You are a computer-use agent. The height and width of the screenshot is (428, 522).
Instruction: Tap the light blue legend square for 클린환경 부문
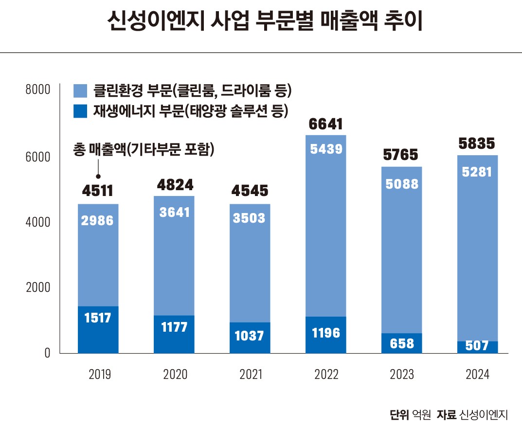80,90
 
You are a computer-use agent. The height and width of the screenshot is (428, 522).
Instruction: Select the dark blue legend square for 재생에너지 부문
80,111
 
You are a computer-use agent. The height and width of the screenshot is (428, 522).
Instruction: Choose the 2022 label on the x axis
326,374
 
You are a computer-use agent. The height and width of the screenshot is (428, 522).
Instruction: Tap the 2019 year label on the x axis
98,374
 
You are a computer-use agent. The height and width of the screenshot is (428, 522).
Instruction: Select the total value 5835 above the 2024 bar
477,144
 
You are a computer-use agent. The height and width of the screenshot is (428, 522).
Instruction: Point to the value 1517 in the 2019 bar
98,318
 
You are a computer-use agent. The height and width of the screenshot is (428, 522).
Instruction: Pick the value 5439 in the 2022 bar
326,149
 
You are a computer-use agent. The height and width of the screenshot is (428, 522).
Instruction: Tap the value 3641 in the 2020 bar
174,212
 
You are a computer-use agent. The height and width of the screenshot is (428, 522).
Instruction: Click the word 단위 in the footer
399,415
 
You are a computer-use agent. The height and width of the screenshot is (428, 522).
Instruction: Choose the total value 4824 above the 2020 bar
174,185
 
